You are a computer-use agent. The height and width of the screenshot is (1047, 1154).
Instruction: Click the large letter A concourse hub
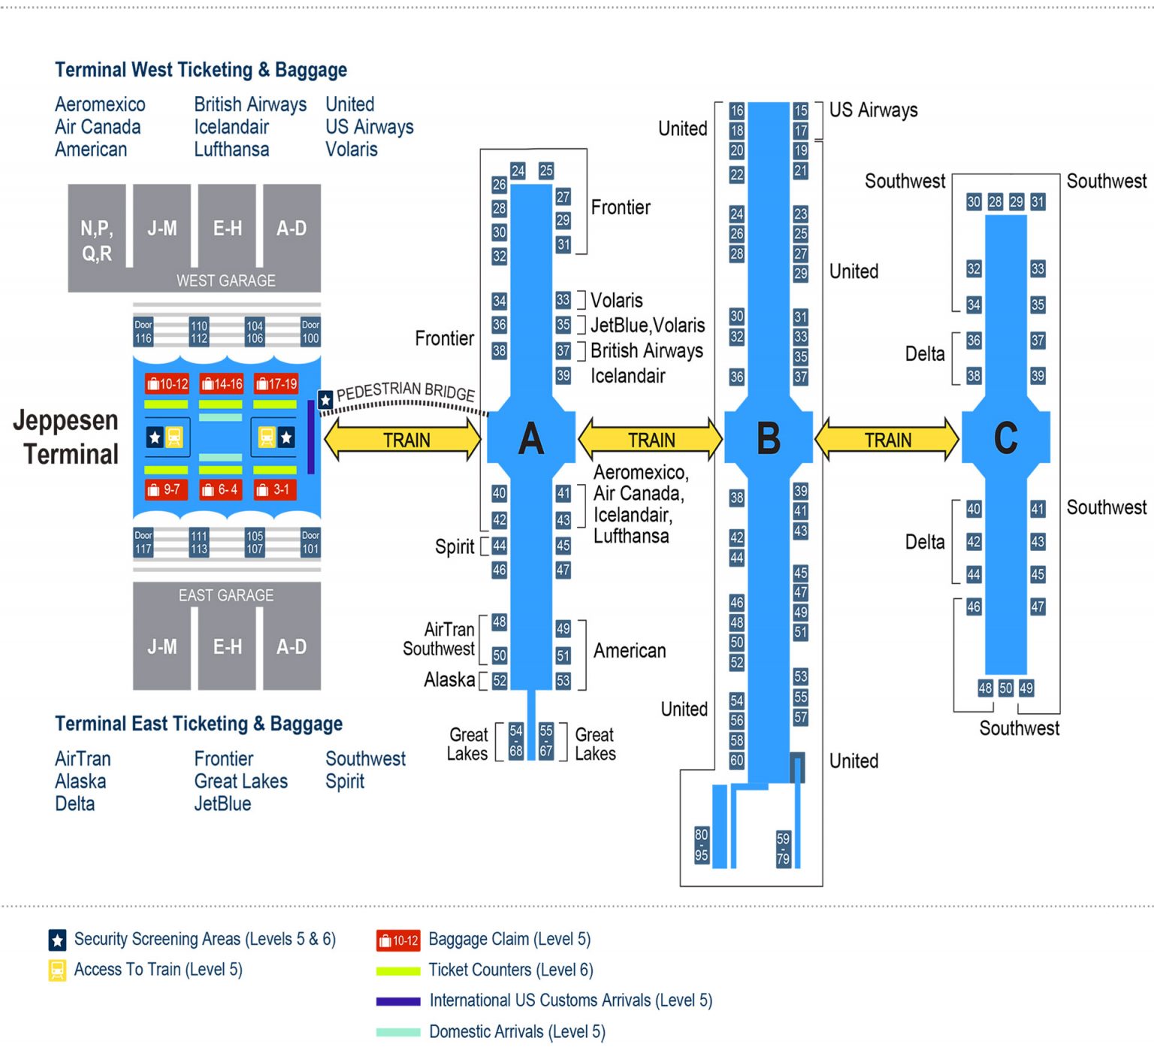click(531, 438)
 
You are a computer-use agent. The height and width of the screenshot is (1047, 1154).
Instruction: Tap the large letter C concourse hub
click(1005, 438)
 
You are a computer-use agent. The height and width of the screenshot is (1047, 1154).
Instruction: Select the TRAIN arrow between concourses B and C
click(887, 440)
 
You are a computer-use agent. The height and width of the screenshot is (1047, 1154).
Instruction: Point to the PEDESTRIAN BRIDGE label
click(406, 392)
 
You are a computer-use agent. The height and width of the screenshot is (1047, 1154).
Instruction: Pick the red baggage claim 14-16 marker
click(222, 384)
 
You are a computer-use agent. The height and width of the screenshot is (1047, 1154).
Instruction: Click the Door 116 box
click(143, 332)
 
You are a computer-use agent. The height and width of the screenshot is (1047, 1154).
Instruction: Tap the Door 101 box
click(310, 543)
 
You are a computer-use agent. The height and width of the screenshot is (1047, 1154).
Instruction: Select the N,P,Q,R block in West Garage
click(97, 241)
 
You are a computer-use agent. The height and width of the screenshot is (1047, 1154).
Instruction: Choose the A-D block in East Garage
click(292, 646)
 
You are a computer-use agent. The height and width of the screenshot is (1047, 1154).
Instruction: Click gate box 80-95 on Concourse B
click(701, 845)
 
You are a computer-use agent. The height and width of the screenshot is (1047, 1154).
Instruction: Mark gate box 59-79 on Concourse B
click(783, 849)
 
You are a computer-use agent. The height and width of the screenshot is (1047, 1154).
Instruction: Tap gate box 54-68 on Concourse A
click(515, 741)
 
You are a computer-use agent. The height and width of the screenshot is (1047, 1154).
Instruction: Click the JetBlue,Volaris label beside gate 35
click(648, 325)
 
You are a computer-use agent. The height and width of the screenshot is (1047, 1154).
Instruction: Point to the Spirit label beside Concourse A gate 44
click(455, 546)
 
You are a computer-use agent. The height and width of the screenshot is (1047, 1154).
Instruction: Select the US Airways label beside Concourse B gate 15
click(873, 110)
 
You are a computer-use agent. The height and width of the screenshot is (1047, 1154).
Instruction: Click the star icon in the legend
click(57, 940)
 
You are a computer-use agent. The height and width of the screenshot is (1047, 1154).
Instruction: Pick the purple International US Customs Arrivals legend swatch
click(397, 1001)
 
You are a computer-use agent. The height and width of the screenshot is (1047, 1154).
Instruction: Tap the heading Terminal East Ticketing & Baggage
click(198, 724)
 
